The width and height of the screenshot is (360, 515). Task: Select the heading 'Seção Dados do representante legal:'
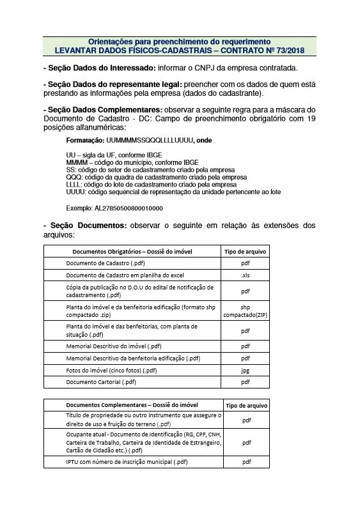(113, 85)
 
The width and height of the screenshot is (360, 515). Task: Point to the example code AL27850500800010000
(127, 208)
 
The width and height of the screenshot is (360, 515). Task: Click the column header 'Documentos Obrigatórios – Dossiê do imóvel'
(132, 252)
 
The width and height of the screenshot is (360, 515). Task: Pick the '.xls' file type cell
(245, 275)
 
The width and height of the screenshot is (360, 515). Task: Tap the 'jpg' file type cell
(245, 370)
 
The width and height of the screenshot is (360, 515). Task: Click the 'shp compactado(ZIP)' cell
(245, 311)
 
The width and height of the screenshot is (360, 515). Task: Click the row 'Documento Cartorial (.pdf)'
(101, 382)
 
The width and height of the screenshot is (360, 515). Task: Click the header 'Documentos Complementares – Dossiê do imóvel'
(132, 405)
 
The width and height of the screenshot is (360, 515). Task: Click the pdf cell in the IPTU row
(246, 461)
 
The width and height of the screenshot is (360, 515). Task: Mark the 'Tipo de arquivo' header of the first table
(245, 252)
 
